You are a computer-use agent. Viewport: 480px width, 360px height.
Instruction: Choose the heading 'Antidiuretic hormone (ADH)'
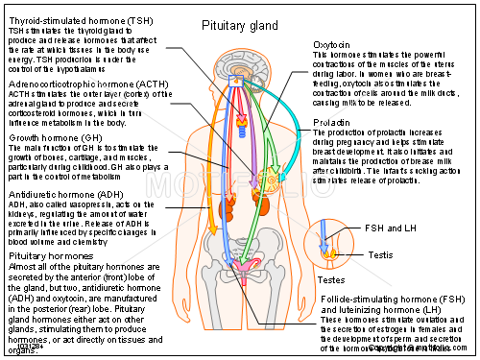pyautogui.click(x=64, y=195)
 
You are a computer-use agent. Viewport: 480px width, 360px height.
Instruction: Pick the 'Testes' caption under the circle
pyautogui.click(x=332, y=279)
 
